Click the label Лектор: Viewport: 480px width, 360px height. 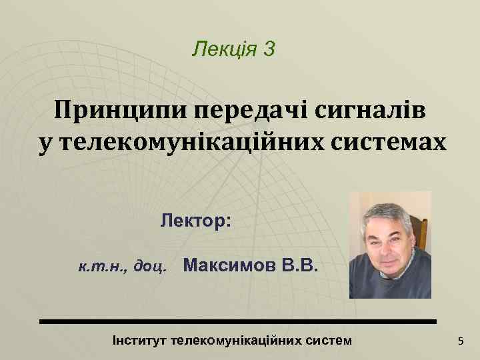(195, 221)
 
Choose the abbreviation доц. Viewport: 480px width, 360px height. (150, 269)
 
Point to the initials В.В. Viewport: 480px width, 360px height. (301, 267)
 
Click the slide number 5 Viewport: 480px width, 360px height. (459, 342)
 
